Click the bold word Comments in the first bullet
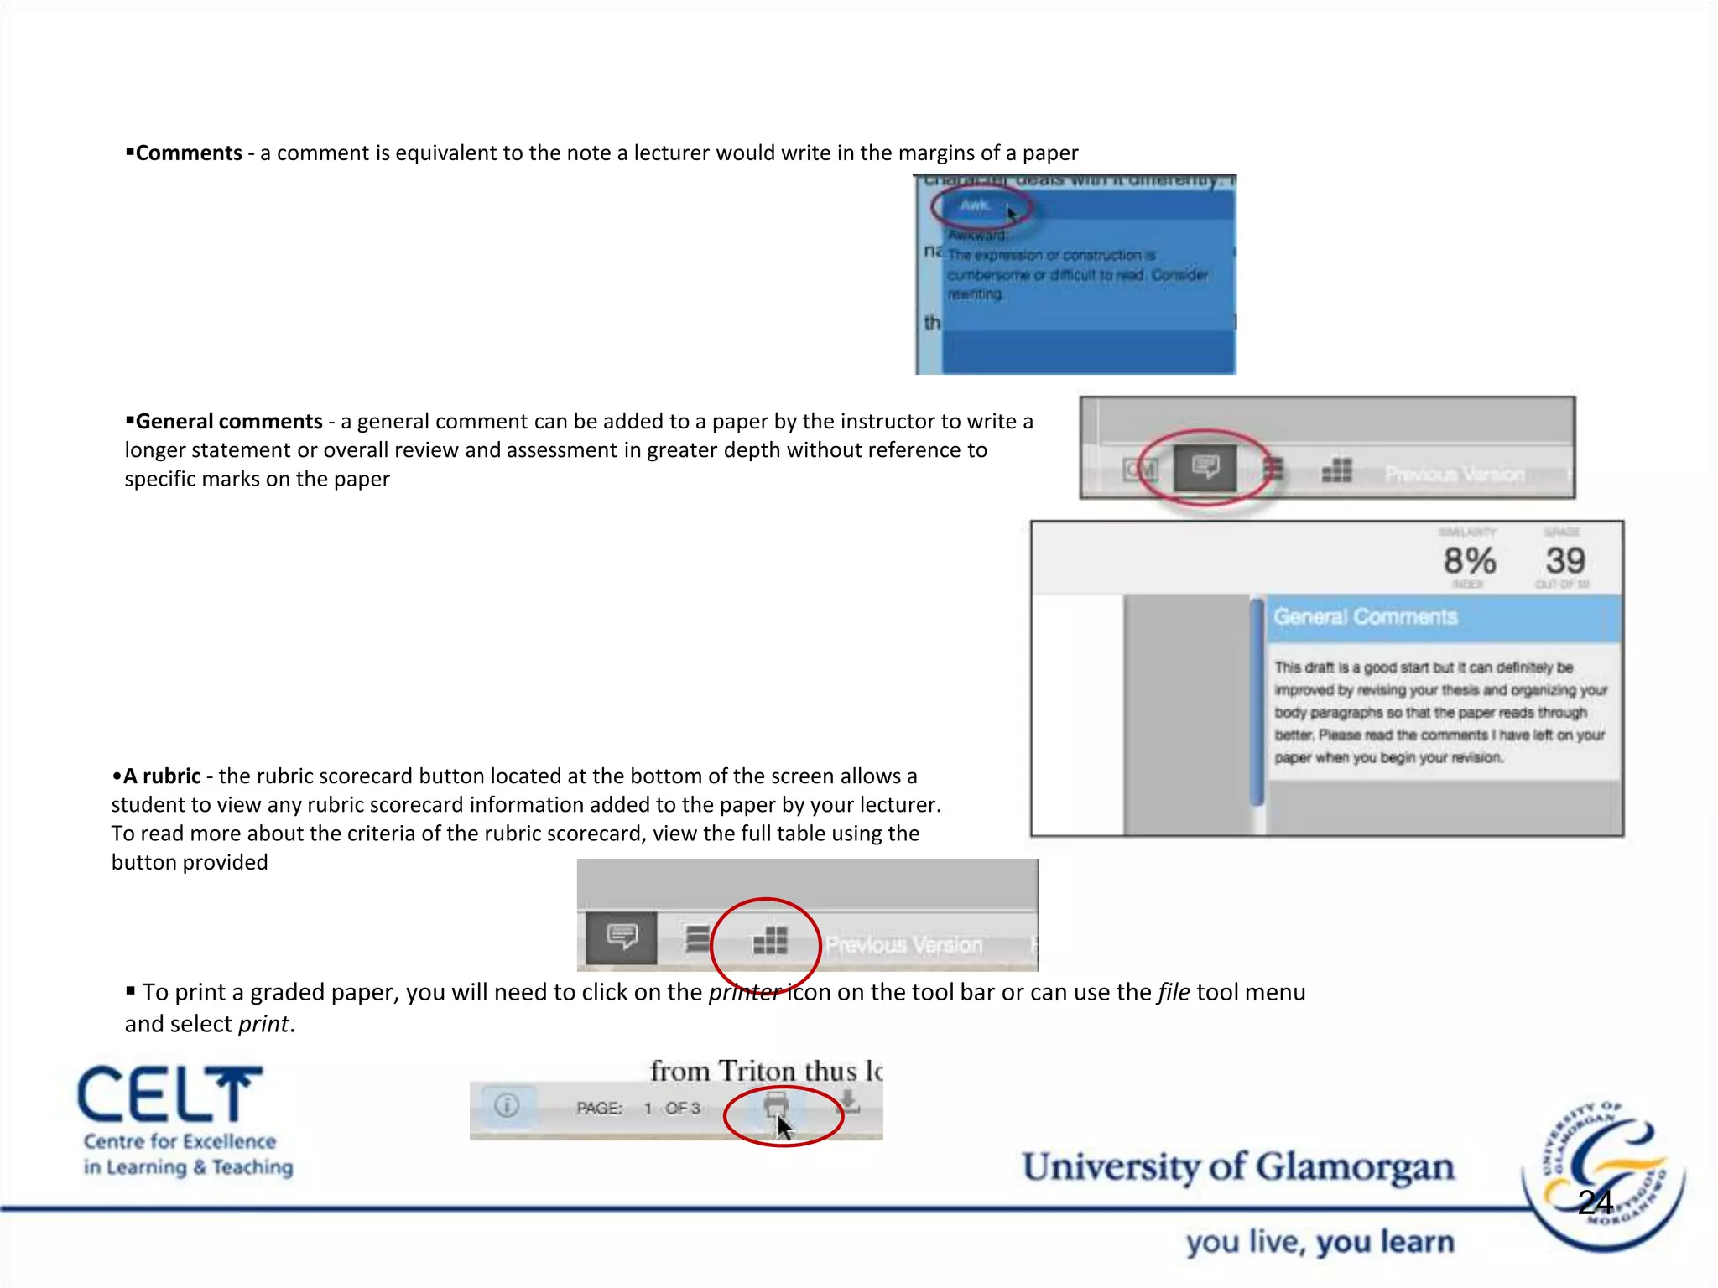click(189, 153)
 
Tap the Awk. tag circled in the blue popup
click(975, 205)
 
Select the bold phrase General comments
click(229, 422)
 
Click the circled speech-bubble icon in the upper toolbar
click(1205, 467)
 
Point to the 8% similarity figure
click(1469, 561)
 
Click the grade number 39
click(1565, 561)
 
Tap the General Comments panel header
click(1366, 617)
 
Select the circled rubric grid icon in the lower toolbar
click(770, 940)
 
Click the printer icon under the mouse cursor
click(776, 1104)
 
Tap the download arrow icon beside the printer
click(849, 1102)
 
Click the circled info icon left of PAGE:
click(507, 1106)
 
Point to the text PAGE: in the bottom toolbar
click(599, 1109)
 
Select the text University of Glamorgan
click(1237, 1167)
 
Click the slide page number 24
click(1595, 1202)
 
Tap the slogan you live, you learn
click(1320, 1242)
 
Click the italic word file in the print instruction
click(1174, 993)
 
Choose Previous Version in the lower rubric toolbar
click(903, 945)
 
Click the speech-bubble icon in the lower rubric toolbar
click(622, 937)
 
